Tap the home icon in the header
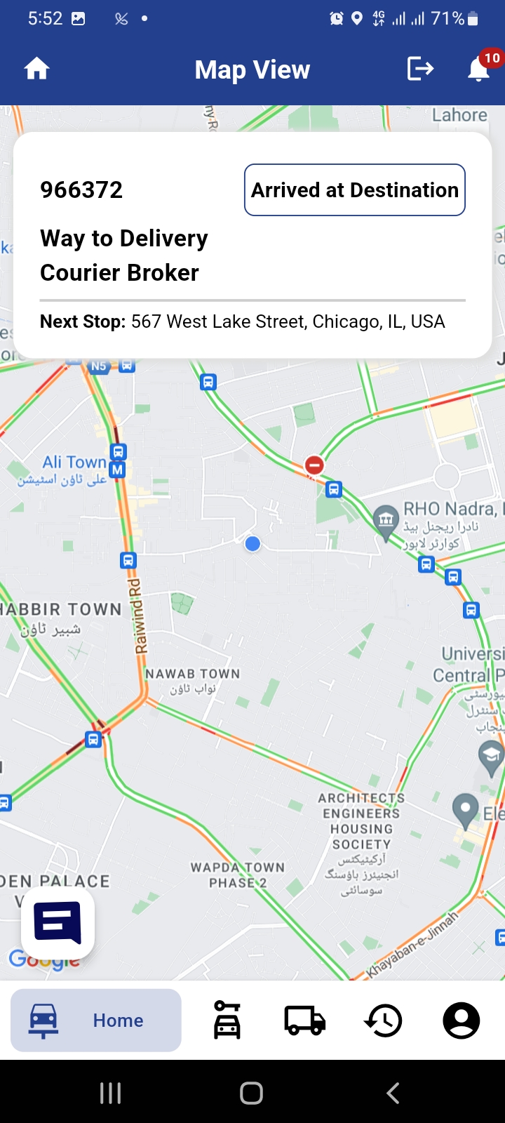click(37, 69)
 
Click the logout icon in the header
click(420, 69)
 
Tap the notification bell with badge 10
click(479, 69)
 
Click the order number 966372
click(81, 190)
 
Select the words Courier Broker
click(119, 272)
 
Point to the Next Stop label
click(82, 321)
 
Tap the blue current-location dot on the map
click(253, 543)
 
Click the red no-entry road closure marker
click(314, 465)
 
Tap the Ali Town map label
click(74, 462)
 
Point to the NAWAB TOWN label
click(192, 674)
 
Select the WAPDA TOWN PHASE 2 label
click(238, 875)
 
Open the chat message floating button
click(58, 922)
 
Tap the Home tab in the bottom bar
click(96, 1021)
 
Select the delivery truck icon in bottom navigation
click(304, 1021)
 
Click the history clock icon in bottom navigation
click(383, 1021)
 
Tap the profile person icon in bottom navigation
click(462, 1021)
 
